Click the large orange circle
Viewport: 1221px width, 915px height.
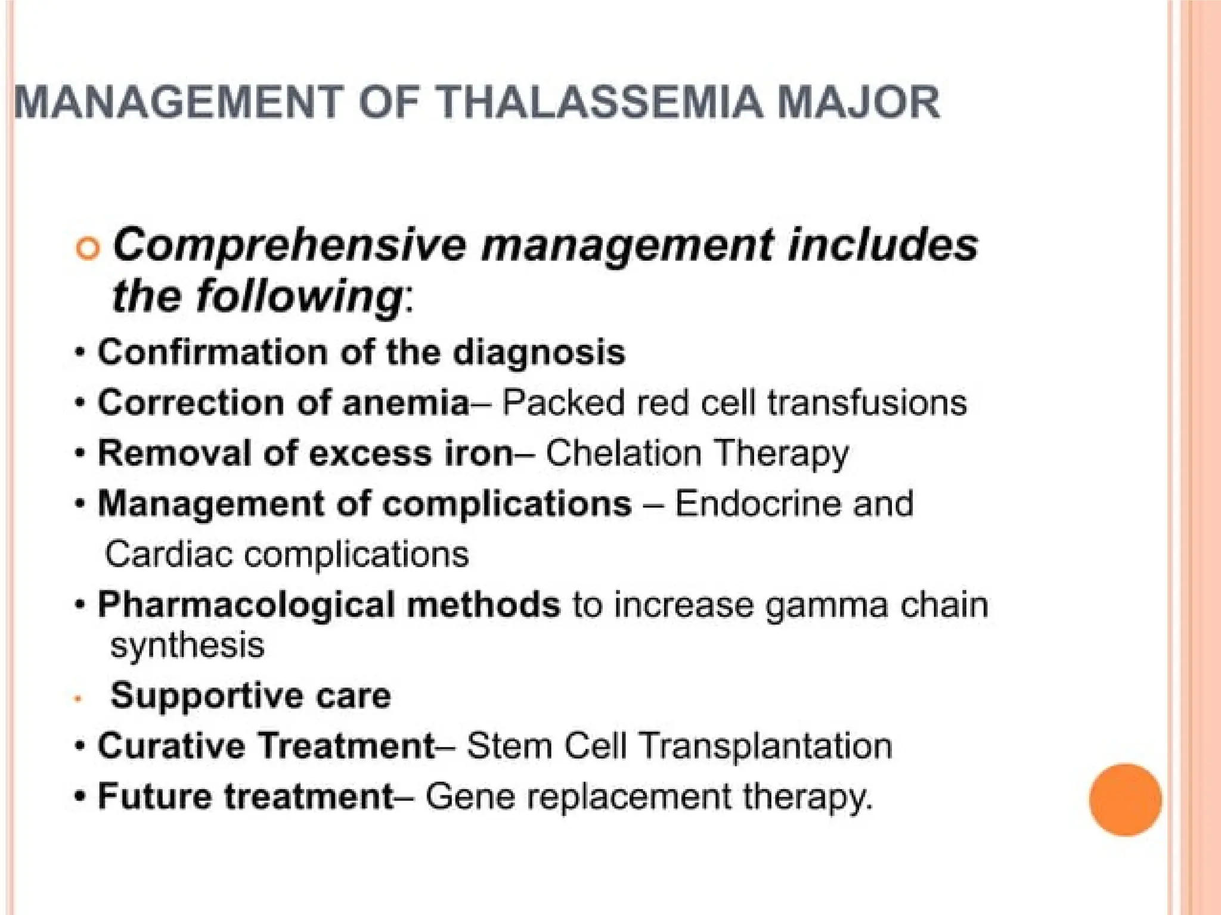point(1125,799)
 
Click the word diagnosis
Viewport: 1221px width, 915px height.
point(539,353)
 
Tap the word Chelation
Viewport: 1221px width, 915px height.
point(623,453)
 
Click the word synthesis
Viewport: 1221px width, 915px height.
point(187,646)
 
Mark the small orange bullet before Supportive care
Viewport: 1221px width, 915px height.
point(78,698)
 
